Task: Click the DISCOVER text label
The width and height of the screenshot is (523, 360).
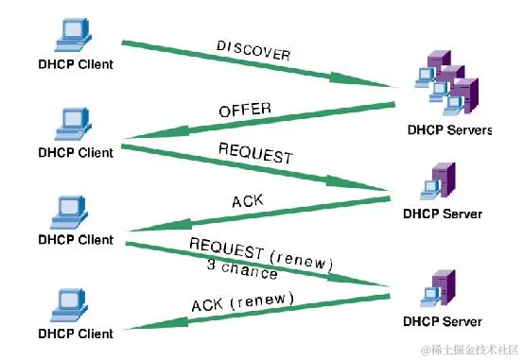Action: point(253,50)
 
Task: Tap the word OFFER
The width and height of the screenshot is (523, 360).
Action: point(245,111)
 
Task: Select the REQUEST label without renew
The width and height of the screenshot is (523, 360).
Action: point(254,154)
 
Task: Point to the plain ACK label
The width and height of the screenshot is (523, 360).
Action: point(246,201)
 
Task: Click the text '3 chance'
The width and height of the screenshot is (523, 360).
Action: point(241,268)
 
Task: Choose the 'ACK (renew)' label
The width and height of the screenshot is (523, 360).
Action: point(242,301)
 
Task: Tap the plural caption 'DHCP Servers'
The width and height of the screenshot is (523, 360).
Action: point(448,130)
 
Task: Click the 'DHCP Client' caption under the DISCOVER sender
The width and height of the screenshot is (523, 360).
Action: point(76,64)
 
